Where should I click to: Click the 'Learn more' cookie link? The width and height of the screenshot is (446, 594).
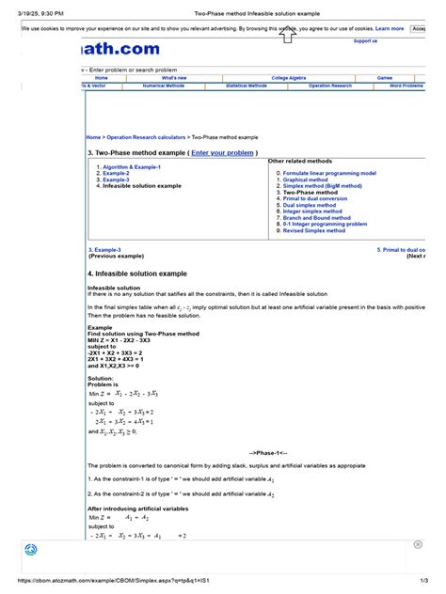click(389, 29)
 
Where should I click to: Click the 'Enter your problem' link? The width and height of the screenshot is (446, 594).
click(222, 152)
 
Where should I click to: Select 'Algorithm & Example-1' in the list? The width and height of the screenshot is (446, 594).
click(132, 166)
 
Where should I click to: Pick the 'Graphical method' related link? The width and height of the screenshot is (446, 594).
click(306, 180)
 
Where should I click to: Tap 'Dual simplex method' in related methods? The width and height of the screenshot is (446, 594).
click(313, 205)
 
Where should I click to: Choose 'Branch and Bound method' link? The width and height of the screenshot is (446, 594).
click(320, 218)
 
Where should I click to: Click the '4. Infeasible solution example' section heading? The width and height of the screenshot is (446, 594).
click(143, 274)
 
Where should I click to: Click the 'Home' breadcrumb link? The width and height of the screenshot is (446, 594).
click(94, 137)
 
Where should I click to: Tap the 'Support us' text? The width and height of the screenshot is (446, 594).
click(366, 41)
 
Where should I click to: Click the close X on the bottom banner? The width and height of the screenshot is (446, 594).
click(417, 544)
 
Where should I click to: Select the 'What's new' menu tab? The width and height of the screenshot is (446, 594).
click(174, 77)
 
